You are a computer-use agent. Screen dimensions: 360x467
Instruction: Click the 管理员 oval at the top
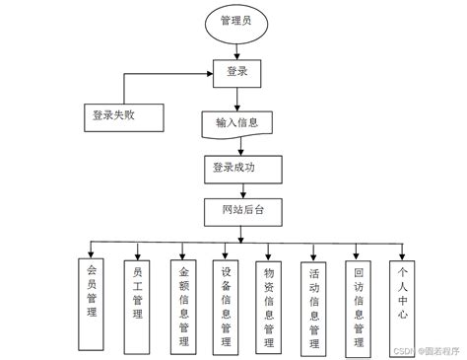click(x=235, y=23)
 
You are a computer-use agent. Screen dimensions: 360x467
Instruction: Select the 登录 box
click(x=235, y=71)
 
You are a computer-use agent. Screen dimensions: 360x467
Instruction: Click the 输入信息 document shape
click(x=235, y=123)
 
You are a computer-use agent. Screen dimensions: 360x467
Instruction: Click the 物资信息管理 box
click(x=269, y=305)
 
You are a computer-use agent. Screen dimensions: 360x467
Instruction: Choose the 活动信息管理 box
click(x=314, y=305)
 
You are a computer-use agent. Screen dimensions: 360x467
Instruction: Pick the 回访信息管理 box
click(x=359, y=303)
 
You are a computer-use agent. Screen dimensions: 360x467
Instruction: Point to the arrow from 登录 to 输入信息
click(x=235, y=97)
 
